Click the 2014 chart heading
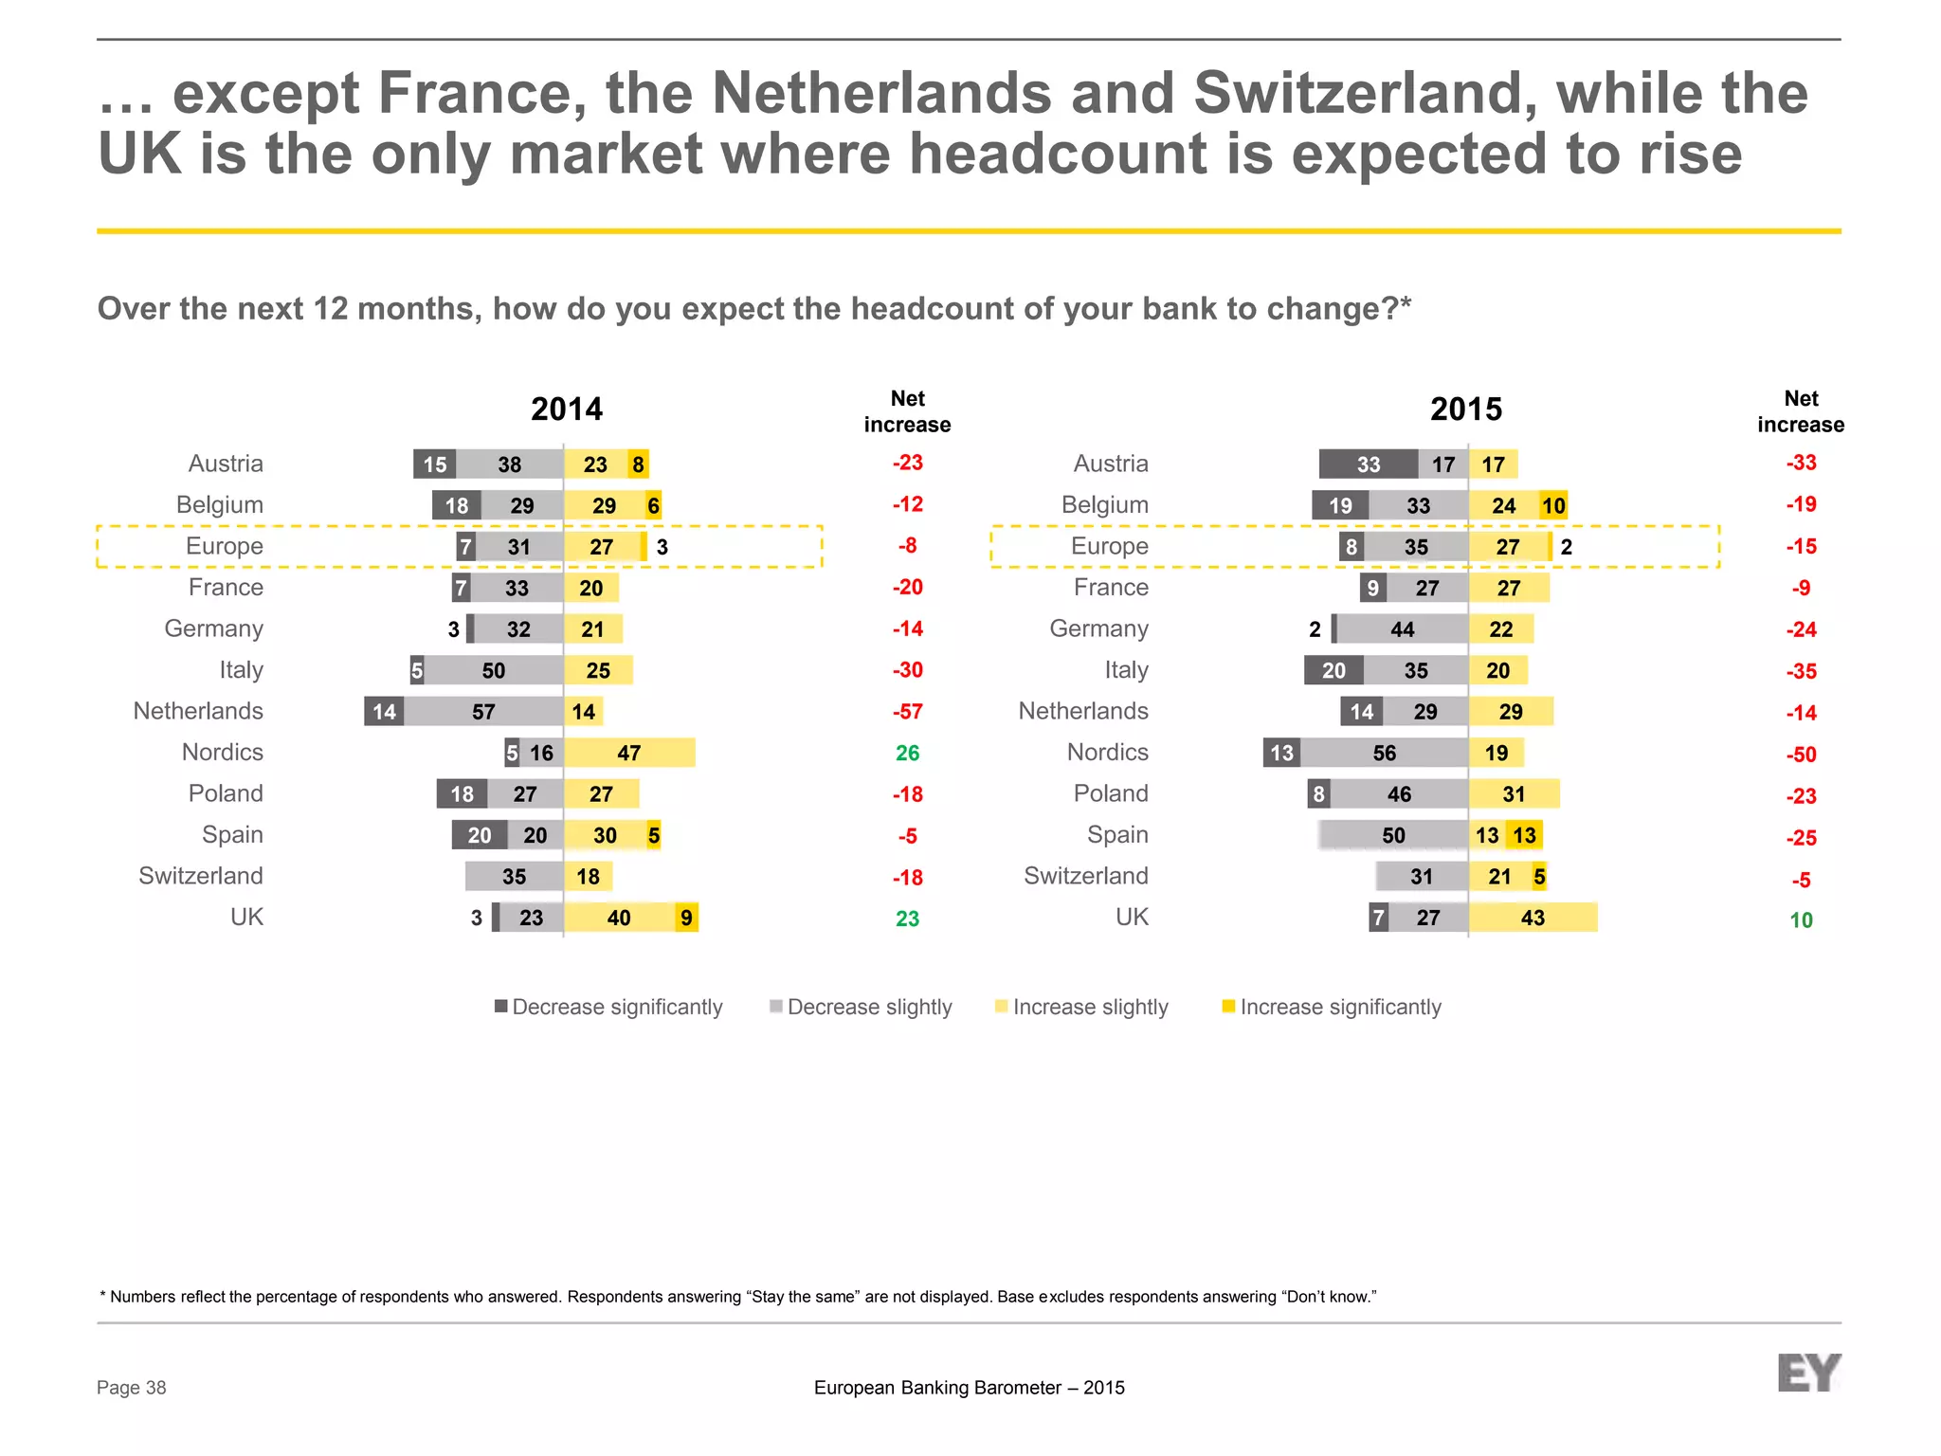[566, 409]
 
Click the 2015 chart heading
[1465, 409]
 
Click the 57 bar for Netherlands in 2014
[483, 712]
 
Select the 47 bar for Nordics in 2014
[629, 753]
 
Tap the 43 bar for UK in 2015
[1533, 918]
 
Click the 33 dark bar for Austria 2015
[1368, 464]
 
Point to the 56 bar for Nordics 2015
[1384, 753]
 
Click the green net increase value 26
[907, 753]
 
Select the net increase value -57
[907, 712]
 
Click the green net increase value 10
[1801, 919]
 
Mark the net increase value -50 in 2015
[1801, 755]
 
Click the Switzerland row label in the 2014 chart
[201, 876]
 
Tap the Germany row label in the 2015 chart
[1098, 628]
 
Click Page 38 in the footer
[131, 1388]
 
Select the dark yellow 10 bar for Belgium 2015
[1552, 505]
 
